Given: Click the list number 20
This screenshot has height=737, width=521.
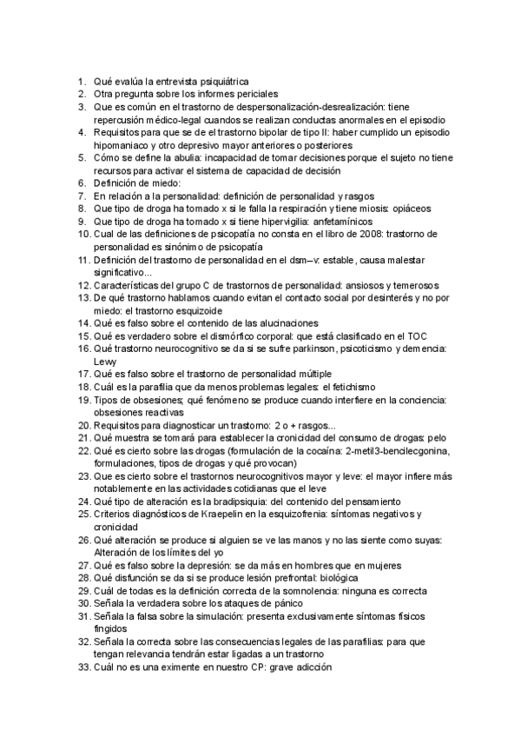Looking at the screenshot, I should click(x=82, y=426).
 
